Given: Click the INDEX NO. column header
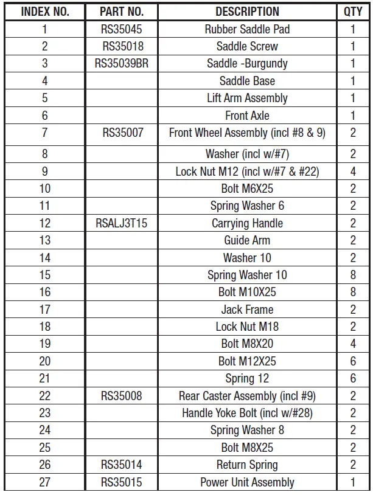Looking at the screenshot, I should tap(45, 12).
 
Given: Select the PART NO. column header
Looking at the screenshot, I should tap(122, 12).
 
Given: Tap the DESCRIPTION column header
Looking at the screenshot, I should tap(247, 12).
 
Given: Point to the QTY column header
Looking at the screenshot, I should tap(353, 12).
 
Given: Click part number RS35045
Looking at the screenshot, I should tap(122, 29).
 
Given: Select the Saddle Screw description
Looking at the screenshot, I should tap(247, 46).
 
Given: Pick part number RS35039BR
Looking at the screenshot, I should tap(122, 63).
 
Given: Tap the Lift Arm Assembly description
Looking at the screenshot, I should tap(247, 98).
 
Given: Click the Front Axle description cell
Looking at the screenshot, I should tap(247, 116).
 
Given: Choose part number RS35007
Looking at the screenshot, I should tap(122, 133).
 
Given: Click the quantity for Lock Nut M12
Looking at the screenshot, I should tap(353, 171).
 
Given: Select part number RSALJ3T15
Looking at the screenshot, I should tap(122, 223).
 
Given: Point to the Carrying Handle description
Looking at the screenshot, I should tap(247, 223).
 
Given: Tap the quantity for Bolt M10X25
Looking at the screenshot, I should tap(353, 292).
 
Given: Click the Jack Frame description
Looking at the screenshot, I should tap(247, 310).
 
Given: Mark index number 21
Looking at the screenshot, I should tap(45, 378).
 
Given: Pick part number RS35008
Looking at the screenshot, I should tap(122, 396).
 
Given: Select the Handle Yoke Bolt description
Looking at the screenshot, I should tap(247, 413).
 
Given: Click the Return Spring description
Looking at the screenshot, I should tap(247, 465).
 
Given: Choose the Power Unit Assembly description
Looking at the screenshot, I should tap(247, 482).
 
